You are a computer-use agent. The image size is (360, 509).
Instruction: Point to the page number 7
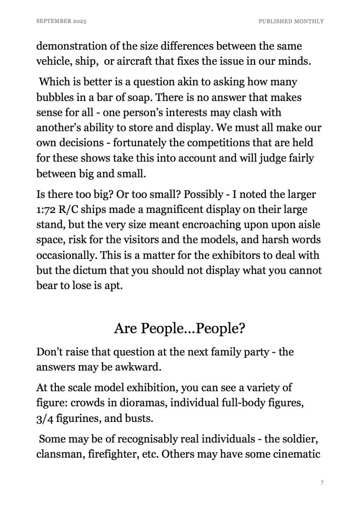[x=323, y=483]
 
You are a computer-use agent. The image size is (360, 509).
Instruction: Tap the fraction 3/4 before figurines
[x=46, y=418]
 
